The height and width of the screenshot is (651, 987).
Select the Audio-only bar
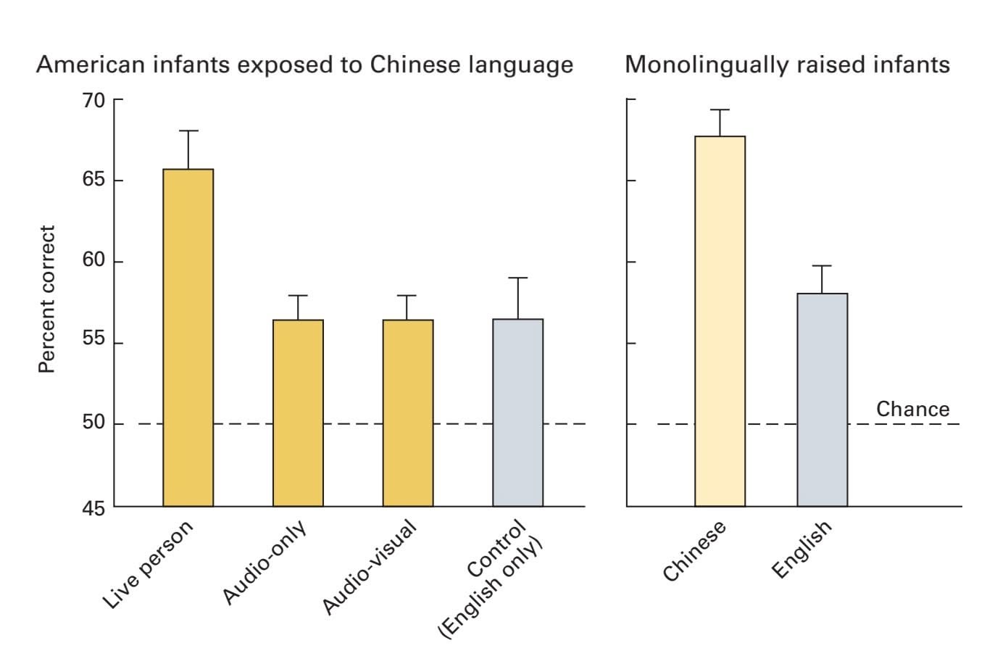click(298, 412)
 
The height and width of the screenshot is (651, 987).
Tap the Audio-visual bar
click(408, 412)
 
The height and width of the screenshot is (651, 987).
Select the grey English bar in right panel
click(822, 399)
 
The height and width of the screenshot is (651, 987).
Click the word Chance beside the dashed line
click(912, 409)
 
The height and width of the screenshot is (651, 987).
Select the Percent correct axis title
click(46, 299)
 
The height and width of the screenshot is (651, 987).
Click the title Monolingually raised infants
click(787, 65)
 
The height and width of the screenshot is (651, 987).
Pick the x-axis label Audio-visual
click(369, 568)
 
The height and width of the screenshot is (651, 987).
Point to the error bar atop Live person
click(188, 149)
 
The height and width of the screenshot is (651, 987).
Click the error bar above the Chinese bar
click(720, 123)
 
